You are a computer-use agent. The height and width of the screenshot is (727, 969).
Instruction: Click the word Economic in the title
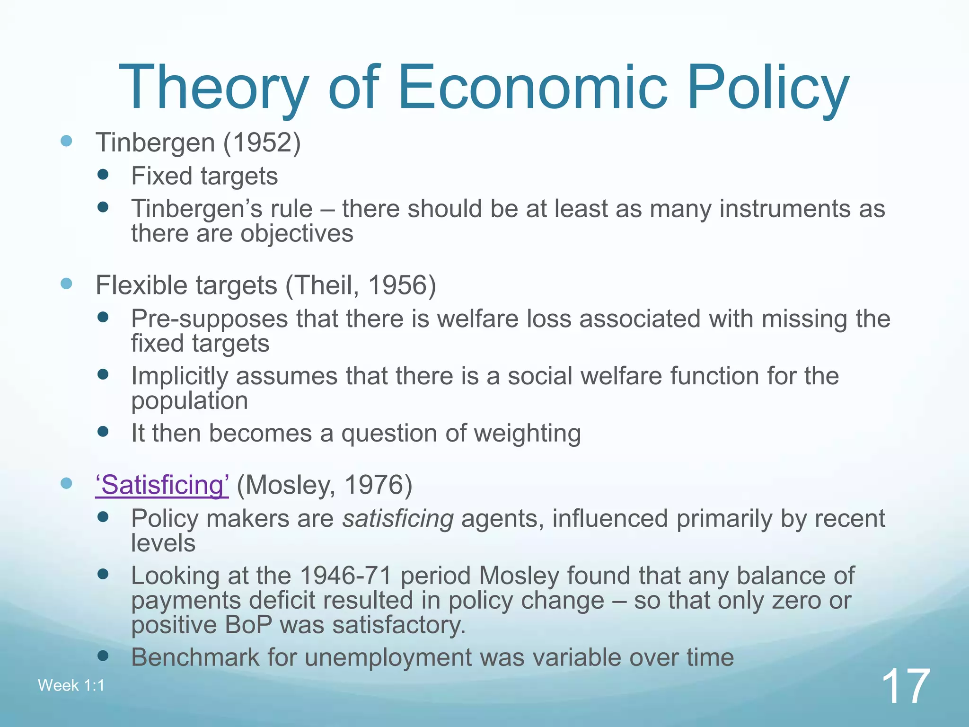point(533,89)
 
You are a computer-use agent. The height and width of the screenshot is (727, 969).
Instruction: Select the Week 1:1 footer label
point(71,685)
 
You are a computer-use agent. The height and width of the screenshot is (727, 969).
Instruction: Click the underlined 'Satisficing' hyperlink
point(162,485)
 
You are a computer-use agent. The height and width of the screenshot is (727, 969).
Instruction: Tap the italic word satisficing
point(398,519)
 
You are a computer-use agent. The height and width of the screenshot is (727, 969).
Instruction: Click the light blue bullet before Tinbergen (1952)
point(67,141)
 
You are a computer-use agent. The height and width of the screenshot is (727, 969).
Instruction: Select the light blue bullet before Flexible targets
point(67,284)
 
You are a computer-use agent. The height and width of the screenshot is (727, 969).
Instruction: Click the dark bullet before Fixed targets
point(103,175)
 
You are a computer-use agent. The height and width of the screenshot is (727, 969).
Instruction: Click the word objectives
point(299,234)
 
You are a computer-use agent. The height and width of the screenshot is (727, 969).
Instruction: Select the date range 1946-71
point(346,576)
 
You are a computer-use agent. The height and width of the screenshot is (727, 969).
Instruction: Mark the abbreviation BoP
point(248,625)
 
